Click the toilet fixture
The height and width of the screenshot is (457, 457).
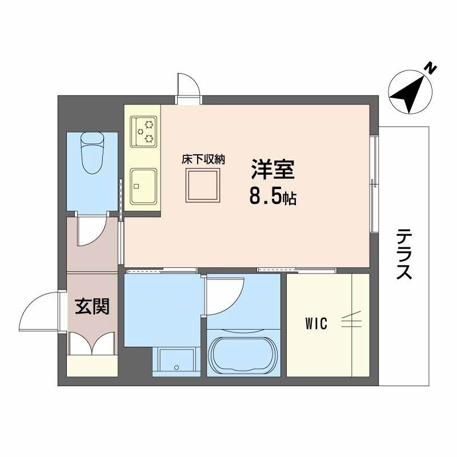92,153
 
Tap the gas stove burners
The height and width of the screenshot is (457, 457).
143,130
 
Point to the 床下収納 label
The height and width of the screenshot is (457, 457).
203,159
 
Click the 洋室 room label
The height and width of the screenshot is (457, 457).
271,170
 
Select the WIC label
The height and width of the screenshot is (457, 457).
315,324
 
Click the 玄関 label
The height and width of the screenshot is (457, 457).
92,307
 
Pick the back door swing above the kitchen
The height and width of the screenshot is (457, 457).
189,86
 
